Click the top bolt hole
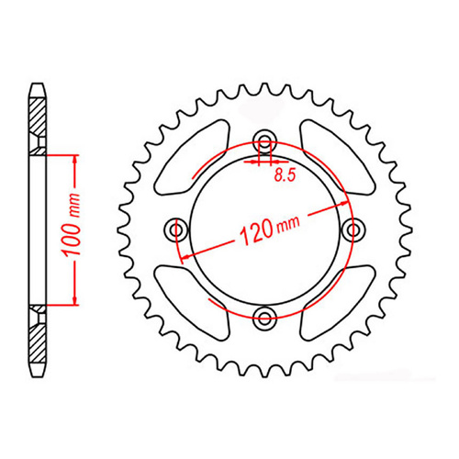(266, 140)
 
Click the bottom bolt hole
(266, 318)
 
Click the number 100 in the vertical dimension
(77, 241)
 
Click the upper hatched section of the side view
(38, 118)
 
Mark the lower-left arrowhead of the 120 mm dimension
(184, 260)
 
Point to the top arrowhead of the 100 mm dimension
(70, 154)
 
